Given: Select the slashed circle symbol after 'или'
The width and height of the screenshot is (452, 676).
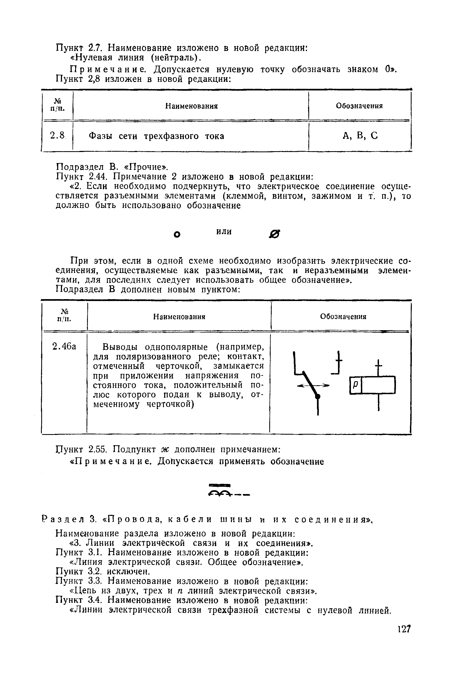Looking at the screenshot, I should [x=274, y=235].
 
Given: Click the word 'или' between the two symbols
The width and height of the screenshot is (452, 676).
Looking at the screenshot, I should [x=224, y=231].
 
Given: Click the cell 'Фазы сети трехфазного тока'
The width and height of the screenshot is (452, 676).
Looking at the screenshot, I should [x=156, y=136].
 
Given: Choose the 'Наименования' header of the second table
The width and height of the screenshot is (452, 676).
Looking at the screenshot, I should [x=179, y=317].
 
